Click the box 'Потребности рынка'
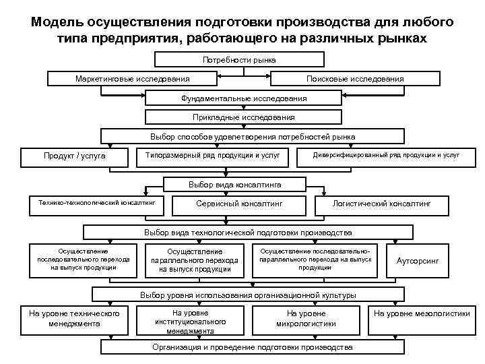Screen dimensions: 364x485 (x=243, y=61)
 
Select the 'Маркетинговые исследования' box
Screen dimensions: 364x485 (x=132, y=79)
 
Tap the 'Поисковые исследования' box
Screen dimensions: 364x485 (x=355, y=79)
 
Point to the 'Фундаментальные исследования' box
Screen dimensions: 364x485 (x=243, y=98)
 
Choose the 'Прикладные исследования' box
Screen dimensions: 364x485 (x=243, y=117)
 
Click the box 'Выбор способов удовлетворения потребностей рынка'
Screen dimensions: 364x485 (x=243, y=137)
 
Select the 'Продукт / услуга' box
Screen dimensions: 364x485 (x=75, y=156)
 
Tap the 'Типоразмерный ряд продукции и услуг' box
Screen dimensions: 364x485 (x=212, y=156)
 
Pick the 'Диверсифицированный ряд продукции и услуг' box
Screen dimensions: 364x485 (x=386, y=156)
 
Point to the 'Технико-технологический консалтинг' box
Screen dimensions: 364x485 (x=97, y=202)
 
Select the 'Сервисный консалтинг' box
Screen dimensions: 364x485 (x=239, y=203)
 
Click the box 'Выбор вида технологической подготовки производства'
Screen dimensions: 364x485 (x=248, y=233)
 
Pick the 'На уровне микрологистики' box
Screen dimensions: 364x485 (x=306, y=319)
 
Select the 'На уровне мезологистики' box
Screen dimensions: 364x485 (x=422, y=314)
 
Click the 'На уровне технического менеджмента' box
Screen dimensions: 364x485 (x=74, y=319)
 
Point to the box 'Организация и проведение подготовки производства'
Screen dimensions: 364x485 (x=252, y=347)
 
